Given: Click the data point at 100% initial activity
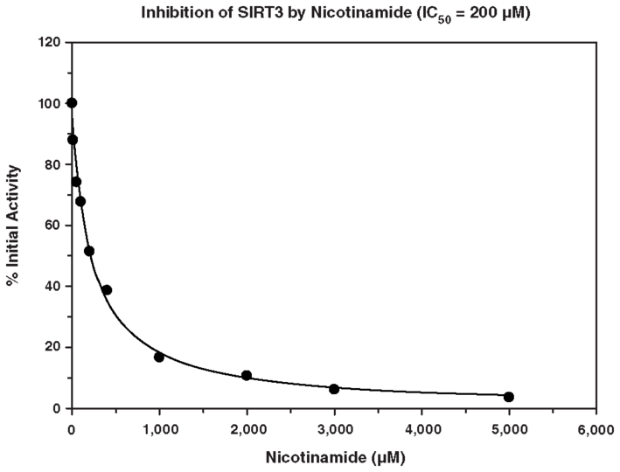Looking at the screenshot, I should [x=72, y=103].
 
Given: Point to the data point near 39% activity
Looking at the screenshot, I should [x=107, y=290].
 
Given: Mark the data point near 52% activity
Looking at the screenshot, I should [x=89, y=251].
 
